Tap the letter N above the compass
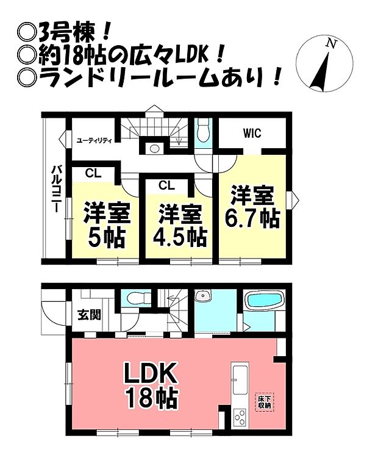pyautogui.click(x=330, y=43)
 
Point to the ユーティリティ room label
pyautogui.click(x=94, y=140)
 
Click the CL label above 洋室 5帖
pyautogui.click(x=93, y=173)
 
